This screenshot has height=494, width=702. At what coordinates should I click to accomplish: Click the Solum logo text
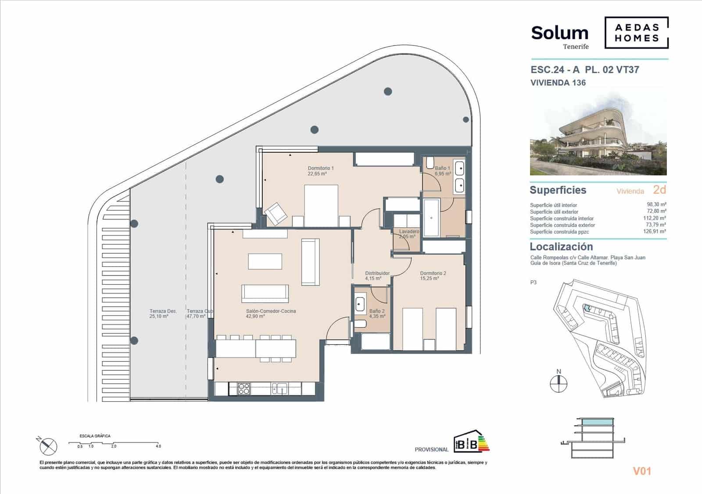tap(559, 33)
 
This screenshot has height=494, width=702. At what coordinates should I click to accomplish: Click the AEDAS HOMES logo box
tap(636, 33)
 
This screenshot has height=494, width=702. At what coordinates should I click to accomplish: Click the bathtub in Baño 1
tap(431, 218)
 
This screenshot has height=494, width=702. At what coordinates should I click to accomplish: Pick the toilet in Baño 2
tap(360, 324)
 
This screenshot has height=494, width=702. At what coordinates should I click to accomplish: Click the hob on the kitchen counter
tap(244, 388)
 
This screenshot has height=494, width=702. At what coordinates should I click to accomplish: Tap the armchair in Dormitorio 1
tap(276, 214)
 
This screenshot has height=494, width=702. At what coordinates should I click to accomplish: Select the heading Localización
tap(561, 247)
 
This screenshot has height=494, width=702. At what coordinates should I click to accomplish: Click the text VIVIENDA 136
tap(558, 82)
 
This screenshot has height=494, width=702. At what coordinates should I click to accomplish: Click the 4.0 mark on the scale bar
tap(158, 446)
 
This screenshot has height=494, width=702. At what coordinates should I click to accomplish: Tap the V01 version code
tap(641, 471)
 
